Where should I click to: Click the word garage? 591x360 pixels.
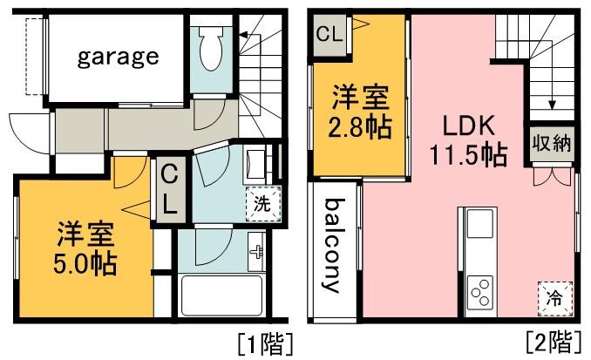[x=119, y=58]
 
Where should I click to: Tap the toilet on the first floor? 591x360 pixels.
[x=210, y=51]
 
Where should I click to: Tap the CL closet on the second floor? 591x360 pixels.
[x=329, y=36]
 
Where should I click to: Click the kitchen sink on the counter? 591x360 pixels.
[x=480, y=225]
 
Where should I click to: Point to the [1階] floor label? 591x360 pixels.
[x=264, y=342]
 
